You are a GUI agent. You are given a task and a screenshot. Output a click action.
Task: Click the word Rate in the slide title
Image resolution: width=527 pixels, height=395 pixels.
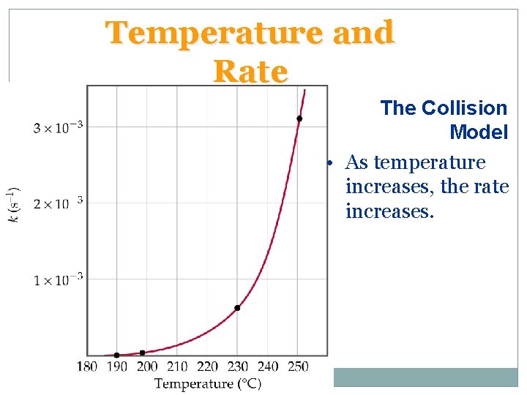click(x=250, y=72)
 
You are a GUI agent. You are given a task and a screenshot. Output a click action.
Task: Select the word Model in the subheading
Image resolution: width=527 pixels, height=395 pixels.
click(x=479, y=132)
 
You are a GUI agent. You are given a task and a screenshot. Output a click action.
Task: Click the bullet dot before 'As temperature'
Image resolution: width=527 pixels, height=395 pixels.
click(x=331, y=162)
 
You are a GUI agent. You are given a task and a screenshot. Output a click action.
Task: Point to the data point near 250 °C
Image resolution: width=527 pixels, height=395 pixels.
click(x=299, y=118)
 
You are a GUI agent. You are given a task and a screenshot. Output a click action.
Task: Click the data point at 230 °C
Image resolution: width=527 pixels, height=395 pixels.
click(x=237, y=308)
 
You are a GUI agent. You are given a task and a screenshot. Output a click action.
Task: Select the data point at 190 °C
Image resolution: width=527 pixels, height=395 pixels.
click(x=116, y=355)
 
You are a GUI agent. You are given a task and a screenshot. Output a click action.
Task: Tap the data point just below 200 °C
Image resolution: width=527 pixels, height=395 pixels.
click(x=142, y=353)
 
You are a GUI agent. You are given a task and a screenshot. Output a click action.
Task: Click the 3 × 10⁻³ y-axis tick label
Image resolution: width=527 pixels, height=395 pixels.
click(x=58, y=128)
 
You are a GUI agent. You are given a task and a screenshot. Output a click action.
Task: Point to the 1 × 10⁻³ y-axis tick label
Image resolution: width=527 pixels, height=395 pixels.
click(x=58, y=279)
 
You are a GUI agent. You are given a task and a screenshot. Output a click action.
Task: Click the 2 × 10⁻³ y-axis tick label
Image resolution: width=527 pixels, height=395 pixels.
click(x=58, y=203)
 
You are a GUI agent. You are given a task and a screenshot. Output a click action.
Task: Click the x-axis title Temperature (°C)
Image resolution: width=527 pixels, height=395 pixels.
click(x=208, y=383)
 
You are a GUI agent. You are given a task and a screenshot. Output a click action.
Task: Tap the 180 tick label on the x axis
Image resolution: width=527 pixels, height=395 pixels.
click(x=86, y=366)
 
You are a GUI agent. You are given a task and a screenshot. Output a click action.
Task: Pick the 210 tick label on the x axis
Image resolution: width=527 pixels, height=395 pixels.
click(x=177, y=366)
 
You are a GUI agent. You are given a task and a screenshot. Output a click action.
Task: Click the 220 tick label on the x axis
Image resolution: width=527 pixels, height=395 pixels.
click(x=207, y=366)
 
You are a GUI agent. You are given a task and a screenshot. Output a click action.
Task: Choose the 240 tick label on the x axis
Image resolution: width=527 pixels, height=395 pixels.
click(x=268, y=366)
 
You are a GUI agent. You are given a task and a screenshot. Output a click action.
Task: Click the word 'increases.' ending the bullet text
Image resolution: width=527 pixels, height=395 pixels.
click(x=389, y=212)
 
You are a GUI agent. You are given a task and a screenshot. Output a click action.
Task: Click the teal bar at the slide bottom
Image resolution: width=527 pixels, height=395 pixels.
click(x=425, y=377)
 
